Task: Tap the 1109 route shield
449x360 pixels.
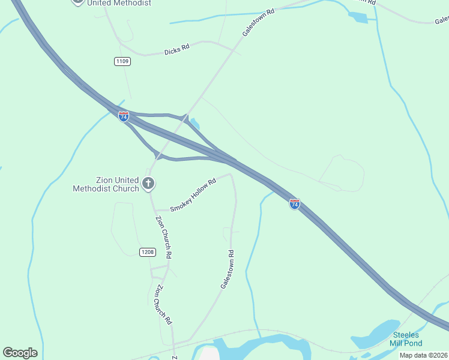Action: tap(122, 61)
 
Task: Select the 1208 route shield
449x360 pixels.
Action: tap(148, 252)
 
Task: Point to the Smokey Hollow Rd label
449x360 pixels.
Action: tap(193, 196)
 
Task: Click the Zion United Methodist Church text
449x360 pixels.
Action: tap(106, 184)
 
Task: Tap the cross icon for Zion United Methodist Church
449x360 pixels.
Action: tap(148, 184)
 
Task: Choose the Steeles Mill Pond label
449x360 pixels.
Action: tap(407, 339)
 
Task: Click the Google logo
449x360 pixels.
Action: tap(20, 353)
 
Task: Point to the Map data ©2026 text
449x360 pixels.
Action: tap(423, 355)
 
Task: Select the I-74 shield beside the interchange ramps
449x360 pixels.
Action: tap(124, 116)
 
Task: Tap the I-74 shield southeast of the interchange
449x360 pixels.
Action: tap(294, 204)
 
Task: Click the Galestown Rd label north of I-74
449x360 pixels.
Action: tap(258, 22)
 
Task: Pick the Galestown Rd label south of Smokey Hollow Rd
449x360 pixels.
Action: tap(227, 269)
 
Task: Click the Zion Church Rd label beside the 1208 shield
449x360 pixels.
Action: tap(164, 237)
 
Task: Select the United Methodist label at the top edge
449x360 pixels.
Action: tap(118, 3)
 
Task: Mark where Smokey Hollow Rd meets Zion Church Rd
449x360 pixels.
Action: tap(155, 210)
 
